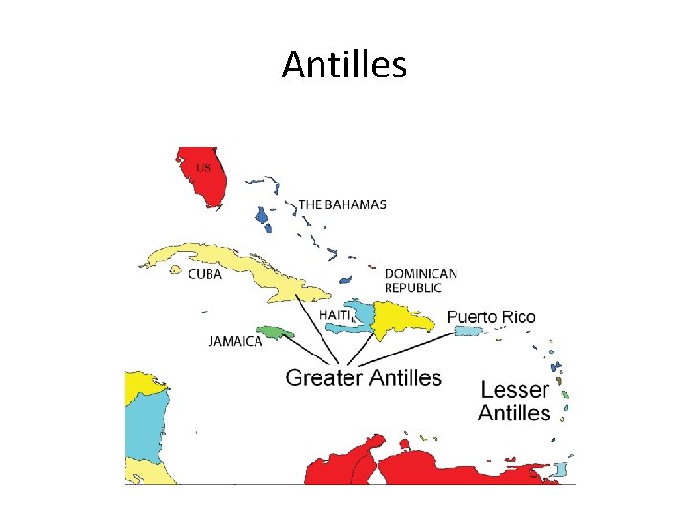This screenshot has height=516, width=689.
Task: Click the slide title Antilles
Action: click(x=344, y=65)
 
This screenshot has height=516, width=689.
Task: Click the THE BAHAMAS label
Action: click(x=343, y=204)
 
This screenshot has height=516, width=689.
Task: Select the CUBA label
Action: click(x=205, y=274)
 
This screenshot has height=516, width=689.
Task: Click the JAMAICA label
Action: click(x=235, y=341)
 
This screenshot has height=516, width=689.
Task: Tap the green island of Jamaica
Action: click(x=274, y=333)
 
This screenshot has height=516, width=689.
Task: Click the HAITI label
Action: click(x=336, y=314)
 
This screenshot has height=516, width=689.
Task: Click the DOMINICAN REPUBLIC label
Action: click(x=420, y=280)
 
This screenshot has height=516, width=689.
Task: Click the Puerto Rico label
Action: click(x=491, y=316)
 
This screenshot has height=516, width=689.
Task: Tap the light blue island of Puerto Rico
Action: click(x=467, y=332)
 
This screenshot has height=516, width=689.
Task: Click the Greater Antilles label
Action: click(x=364, y=377)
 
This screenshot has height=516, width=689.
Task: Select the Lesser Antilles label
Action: click(x=515, y=401)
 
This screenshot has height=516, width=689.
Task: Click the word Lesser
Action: click(x=515, y=390)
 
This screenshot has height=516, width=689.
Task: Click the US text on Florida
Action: click(x=203, y=168)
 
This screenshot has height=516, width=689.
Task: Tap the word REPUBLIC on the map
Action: click(x=413, y=288)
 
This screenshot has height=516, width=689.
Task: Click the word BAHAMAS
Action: click(x=355, y=204)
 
